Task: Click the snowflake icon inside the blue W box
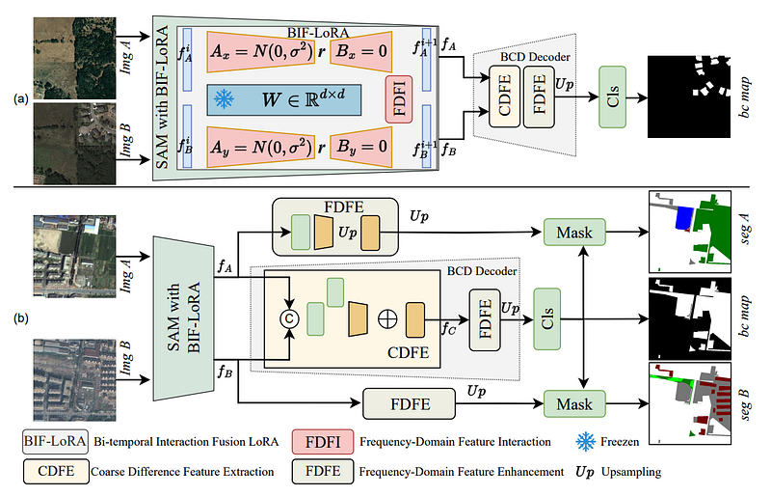pyautogui.click(x=224, y=99)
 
